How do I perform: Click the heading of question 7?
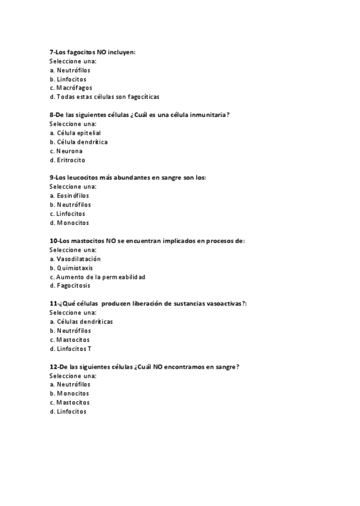(x=93, y=52)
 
